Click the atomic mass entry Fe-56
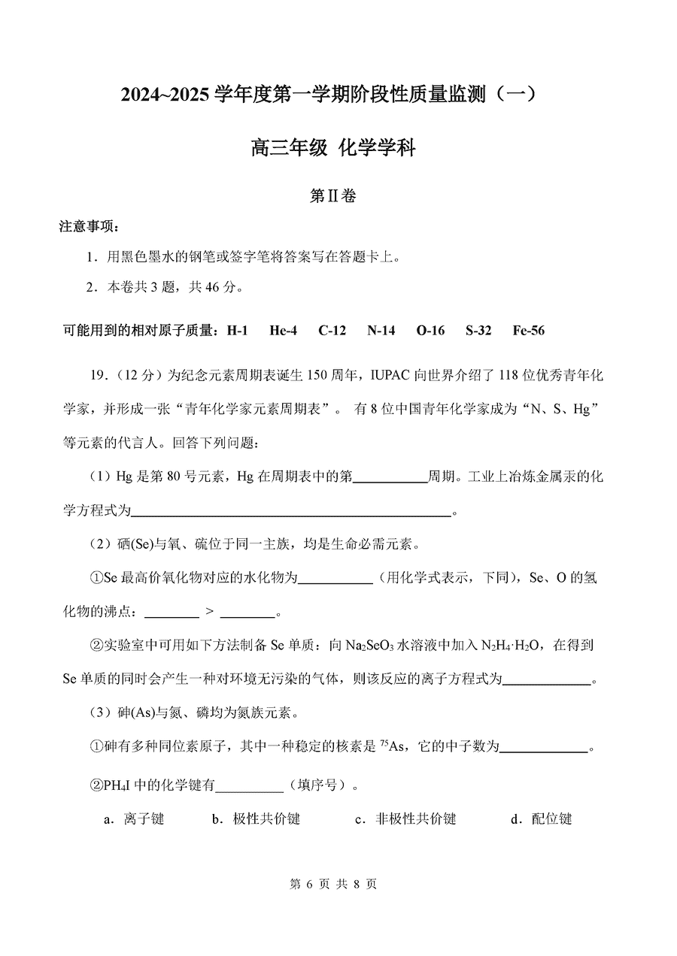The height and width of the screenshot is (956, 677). (528, 331)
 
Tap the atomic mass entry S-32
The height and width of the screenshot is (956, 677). (478, 331)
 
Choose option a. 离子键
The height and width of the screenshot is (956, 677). (134, 818)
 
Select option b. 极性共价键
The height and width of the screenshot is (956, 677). (256, 818)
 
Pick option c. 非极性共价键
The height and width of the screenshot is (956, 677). (405, 818)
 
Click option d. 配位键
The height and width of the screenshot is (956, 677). (541, 818)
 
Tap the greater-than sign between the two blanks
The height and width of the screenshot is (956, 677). (209, 613)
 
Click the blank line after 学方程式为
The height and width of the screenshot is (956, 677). (292, 512)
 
